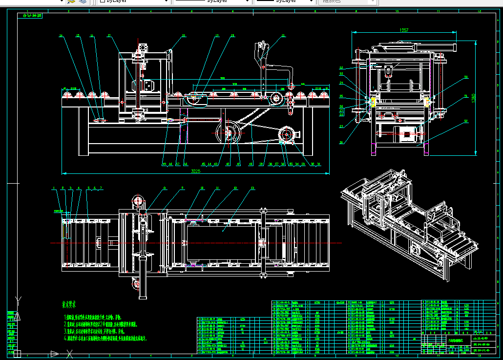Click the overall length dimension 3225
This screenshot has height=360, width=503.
[195, 171]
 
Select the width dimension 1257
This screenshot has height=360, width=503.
[404, 30]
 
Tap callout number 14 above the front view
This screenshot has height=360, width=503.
[61, 36]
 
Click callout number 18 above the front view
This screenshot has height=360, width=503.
[184, 36]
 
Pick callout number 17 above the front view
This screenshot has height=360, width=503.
[109, 36]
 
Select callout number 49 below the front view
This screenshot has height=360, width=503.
[164, 164]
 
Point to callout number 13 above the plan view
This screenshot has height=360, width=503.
[252, 188]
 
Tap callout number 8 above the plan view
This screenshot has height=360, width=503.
[165, 188]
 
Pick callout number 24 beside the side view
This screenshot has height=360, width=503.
[341, 83]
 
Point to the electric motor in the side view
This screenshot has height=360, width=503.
[406, 134]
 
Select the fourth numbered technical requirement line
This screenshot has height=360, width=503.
[105, 338]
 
